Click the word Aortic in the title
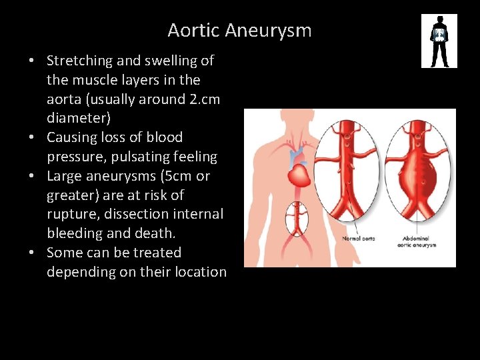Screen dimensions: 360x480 [194, 31]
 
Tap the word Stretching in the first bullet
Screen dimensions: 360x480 [80, 61]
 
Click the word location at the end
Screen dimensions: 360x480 [199, 272]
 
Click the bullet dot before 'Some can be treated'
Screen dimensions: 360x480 [32, 253]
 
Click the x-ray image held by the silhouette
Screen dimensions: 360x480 [439, 35]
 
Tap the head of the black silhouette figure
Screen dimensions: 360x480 [439, 20]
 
